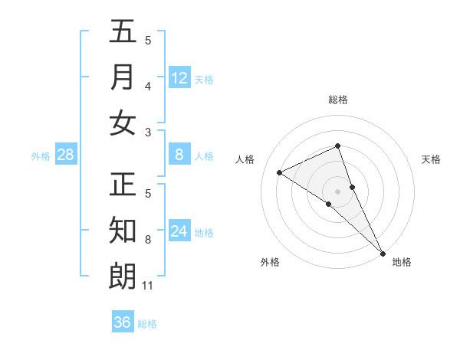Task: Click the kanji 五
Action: click(123, 32)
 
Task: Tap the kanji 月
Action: click(123, 77)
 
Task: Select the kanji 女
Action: click(123, 123)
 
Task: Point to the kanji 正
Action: click(123, 185)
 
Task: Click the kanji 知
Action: click(123, 231)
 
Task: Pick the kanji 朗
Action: click(123, 276)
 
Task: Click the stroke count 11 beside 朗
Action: click(148, 286)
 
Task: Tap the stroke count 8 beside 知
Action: click(148, 240)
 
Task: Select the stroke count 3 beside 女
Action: click(148, 133)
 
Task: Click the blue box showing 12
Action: click(179, 77)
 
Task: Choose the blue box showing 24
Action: click(179, 231)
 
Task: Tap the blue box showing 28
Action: click(66, 155)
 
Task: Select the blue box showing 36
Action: click(123, 322)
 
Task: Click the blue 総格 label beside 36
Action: click(147, 324)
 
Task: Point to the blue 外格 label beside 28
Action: click(41, 156)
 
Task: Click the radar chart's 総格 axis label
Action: click(338, 100)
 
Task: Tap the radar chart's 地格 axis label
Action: click(402, 262)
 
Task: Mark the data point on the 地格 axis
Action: click(383, 252)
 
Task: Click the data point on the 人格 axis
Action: click(280, 172)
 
